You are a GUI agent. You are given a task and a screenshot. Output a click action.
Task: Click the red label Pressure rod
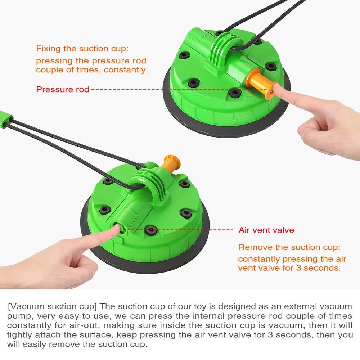[62, 89]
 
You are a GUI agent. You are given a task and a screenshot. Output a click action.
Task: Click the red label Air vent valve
[266, 230]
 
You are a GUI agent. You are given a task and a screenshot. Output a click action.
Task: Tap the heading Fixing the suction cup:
[82, 49]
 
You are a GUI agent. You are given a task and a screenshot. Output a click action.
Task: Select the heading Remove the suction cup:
[289, 247]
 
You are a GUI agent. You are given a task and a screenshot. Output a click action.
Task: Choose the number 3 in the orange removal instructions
[298, 268]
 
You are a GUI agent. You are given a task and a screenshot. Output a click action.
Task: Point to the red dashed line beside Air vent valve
[178, 230]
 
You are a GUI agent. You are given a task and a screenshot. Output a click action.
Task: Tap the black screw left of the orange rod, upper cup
[235, 93]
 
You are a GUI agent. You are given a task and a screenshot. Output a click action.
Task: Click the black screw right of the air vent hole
[150, 230]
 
